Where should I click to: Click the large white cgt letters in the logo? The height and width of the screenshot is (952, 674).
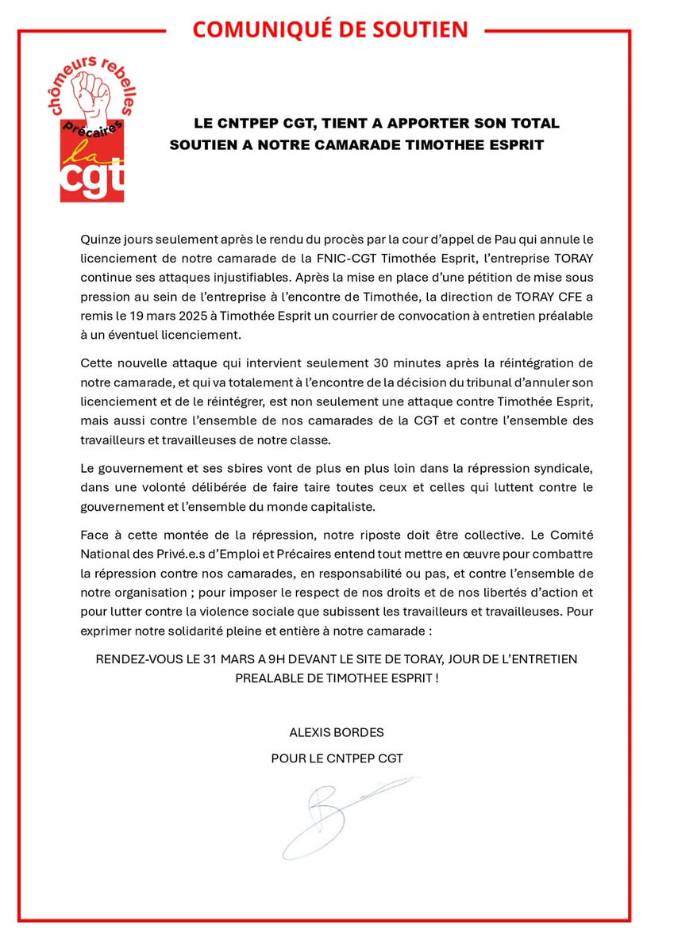(x=93, y=180)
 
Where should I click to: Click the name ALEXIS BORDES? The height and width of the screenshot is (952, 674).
(x=337, y=731)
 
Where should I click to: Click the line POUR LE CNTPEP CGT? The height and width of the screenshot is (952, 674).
(x=337, y=758)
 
